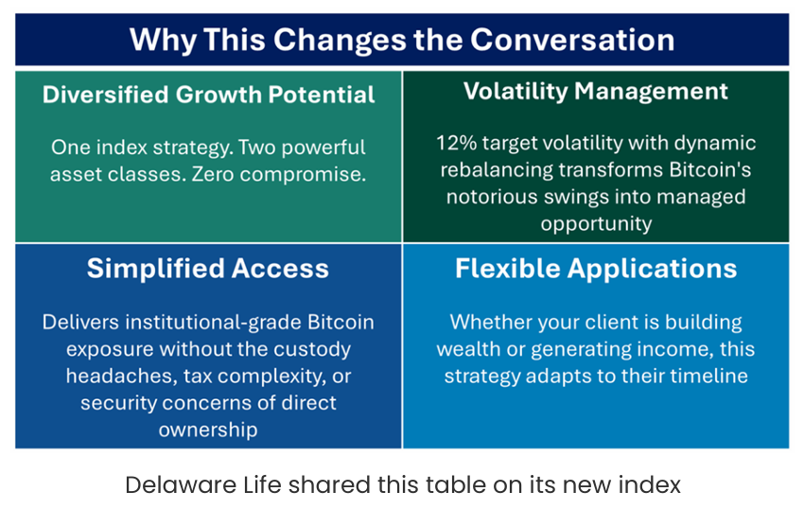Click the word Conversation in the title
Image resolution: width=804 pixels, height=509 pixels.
point(572,40)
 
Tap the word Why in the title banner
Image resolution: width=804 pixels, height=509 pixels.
point(163,41)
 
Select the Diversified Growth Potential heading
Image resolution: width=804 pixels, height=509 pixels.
point(209,95)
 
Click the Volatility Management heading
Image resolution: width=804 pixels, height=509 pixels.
point(596,92)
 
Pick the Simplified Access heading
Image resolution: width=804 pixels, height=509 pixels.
point(208,269)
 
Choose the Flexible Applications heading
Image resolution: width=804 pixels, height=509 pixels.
point(596,269)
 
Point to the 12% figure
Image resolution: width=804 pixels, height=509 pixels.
point(456,143)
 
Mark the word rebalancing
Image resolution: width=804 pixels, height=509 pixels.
point(497,170)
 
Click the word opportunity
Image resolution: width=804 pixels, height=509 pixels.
point(596,224)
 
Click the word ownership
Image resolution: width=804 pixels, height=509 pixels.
point(208,430)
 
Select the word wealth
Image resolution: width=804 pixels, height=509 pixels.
point(468,349)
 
